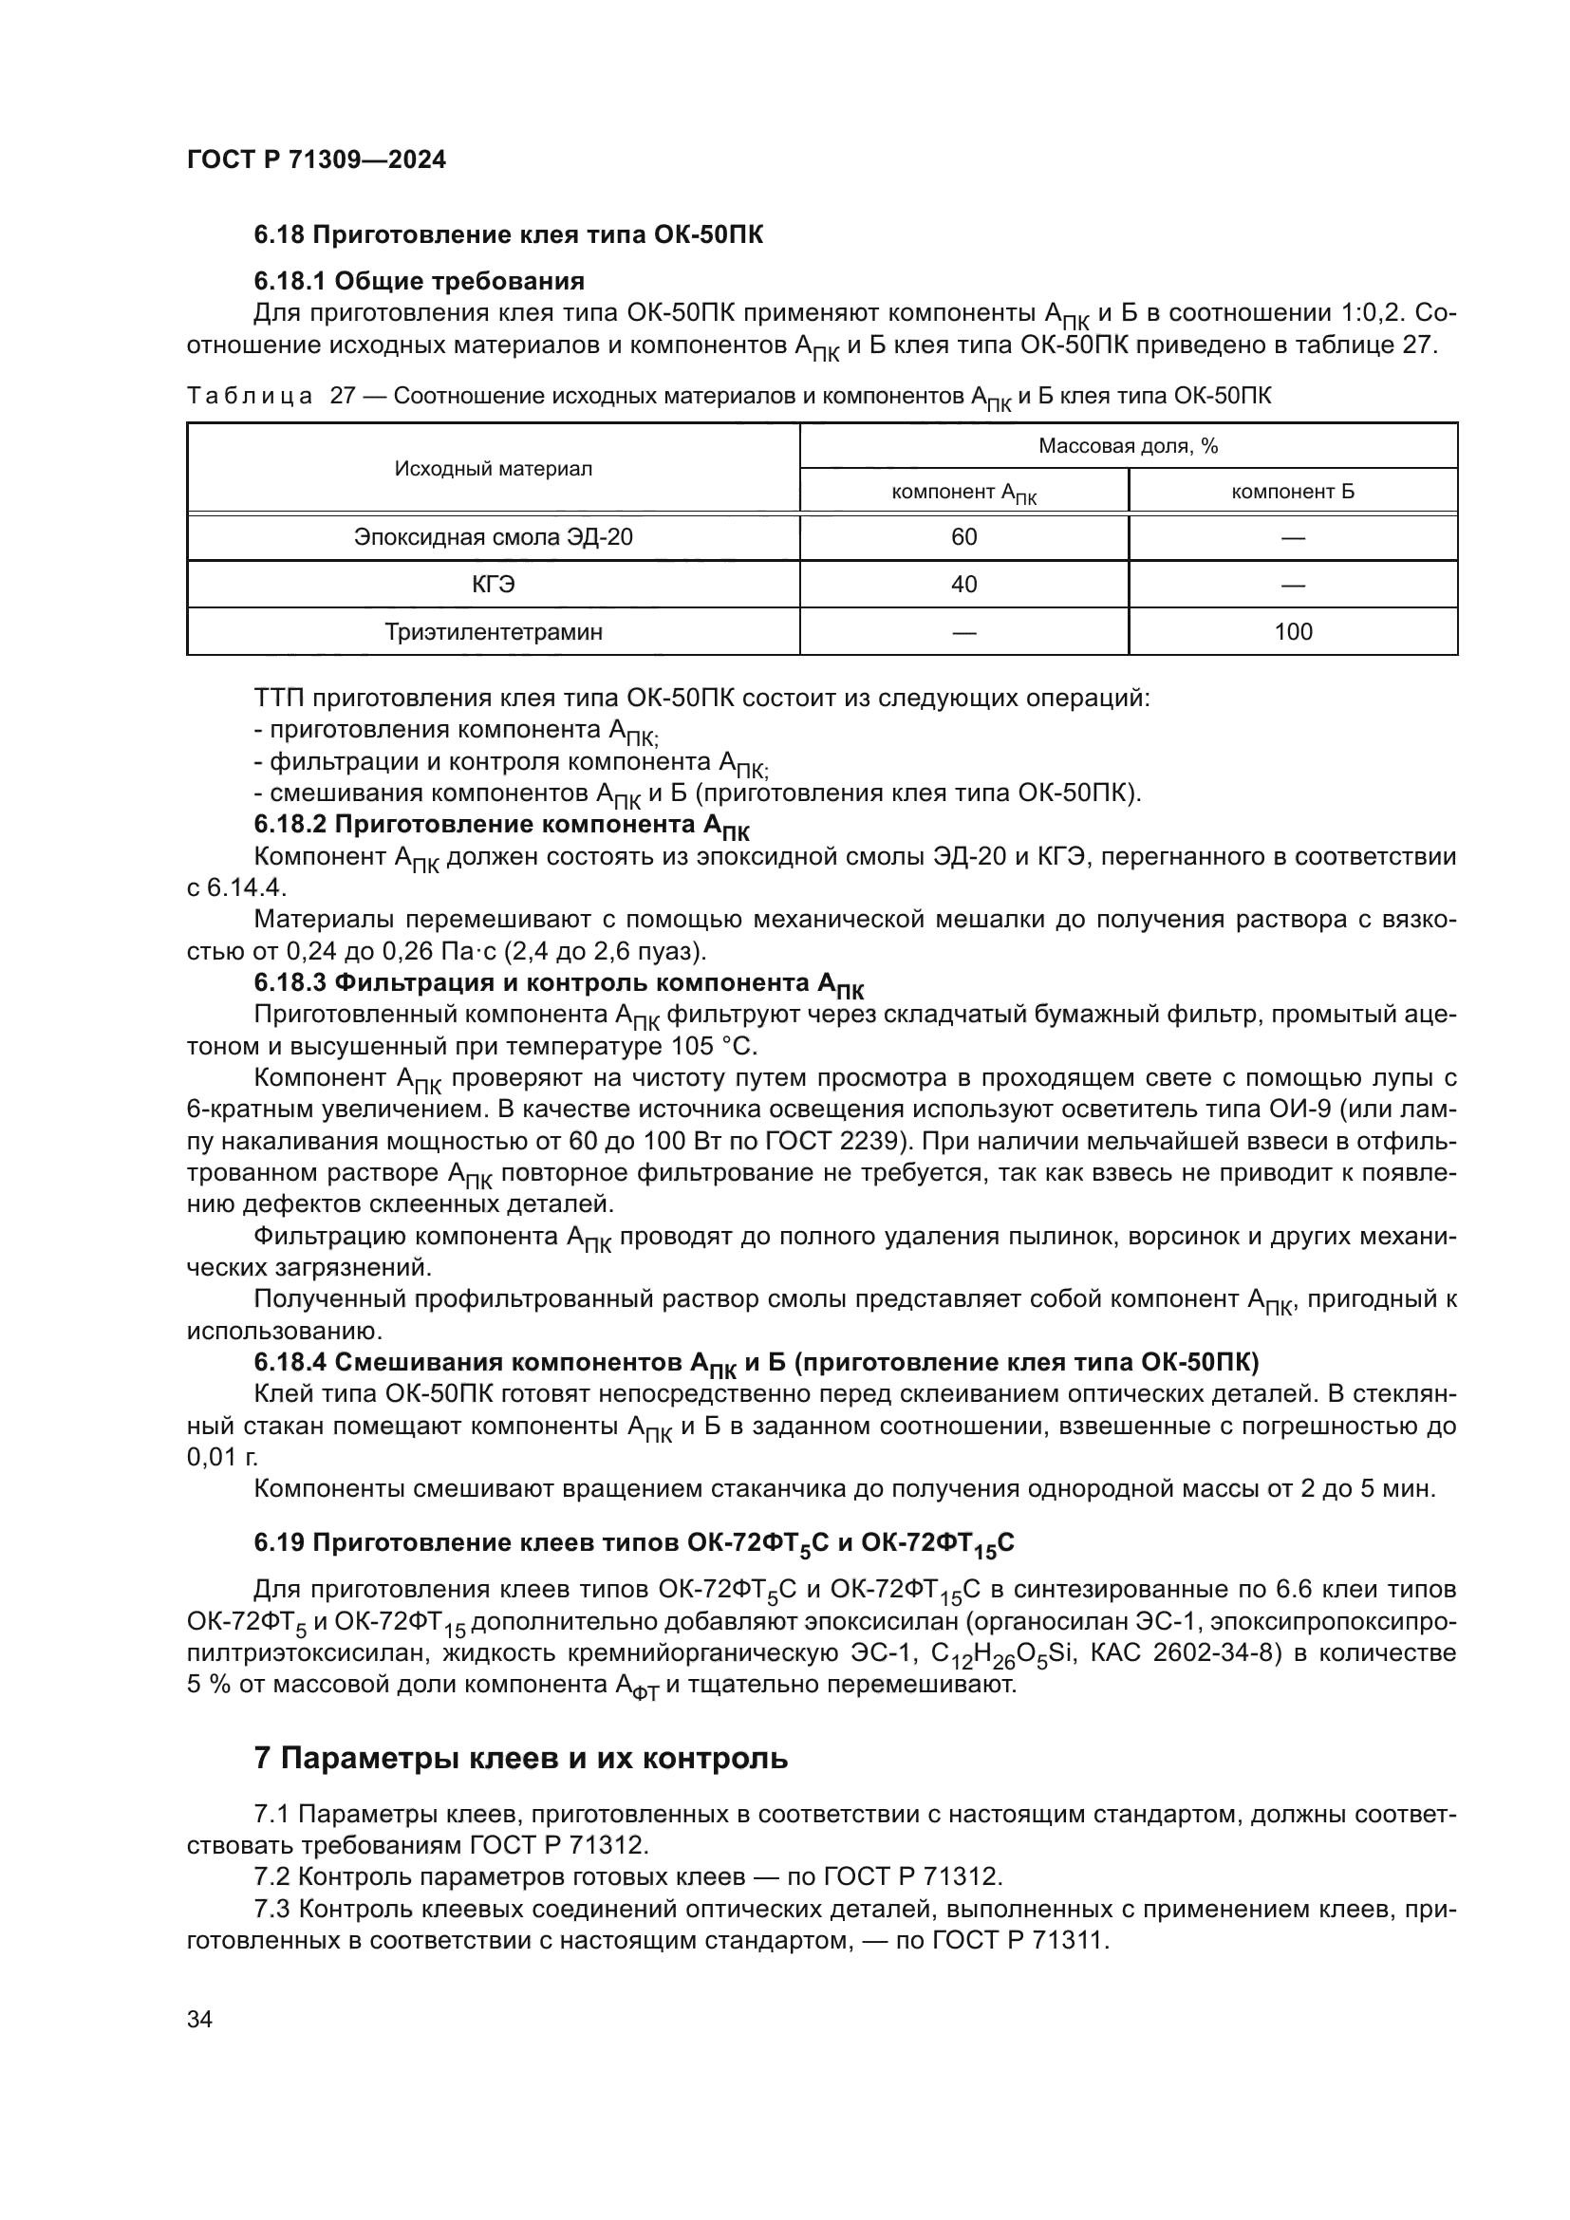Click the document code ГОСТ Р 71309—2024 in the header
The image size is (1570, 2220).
pos(316,160)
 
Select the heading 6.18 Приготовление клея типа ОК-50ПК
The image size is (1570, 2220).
pos(508,235)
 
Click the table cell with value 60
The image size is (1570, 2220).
pos(963,537)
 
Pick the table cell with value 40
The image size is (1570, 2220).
pos(963,584)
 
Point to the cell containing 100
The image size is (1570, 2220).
pos(1293,632)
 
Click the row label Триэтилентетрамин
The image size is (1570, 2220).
pos(493,632)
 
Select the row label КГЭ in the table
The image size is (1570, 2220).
pos(493,584)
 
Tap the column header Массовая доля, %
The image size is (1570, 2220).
pos(1129,446)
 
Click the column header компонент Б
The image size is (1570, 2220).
pos(1293,493)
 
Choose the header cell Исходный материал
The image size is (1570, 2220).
pos(493,469)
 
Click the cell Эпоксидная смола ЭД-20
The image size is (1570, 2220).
pos(493,537)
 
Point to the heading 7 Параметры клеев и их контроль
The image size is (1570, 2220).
pos(520,1758)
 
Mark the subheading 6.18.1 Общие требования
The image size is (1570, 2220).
pos(419,281)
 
